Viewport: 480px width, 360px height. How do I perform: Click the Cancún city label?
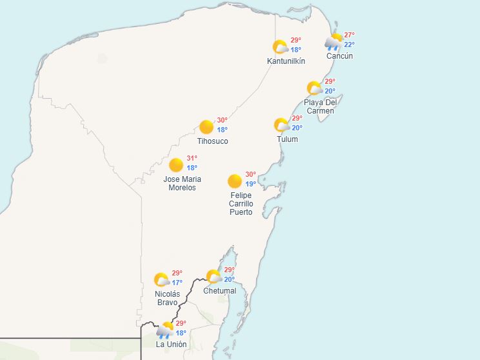(339, 56)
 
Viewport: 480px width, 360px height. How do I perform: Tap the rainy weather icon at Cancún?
(334, 42)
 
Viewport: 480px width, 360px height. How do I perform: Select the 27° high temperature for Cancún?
(349, 35)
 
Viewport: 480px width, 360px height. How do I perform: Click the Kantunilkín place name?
(286, 61)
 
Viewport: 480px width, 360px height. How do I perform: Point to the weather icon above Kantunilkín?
(280, 47)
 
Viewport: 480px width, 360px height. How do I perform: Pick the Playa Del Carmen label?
(321, 106)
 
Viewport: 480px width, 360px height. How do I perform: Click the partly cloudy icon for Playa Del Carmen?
(314, 88)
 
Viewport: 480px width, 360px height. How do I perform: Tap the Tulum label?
(287, 139)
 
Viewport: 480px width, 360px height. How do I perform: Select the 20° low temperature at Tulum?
(297, 128)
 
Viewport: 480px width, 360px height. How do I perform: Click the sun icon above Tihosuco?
(206, 126)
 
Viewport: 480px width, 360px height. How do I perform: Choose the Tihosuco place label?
(212, 141)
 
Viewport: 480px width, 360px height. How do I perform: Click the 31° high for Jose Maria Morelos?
(192, 158)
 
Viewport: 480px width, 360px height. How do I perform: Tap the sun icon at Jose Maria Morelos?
(176, 165)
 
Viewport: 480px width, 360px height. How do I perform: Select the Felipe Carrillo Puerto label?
(241, 204)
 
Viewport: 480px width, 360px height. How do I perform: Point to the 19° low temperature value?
(250, 184)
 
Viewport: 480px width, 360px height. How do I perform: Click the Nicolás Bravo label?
(166, 298)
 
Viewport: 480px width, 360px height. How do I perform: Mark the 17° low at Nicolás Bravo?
(177, 283)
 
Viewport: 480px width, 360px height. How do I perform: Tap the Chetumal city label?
(219, 291)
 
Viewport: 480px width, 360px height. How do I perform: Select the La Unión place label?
(171, 345)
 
